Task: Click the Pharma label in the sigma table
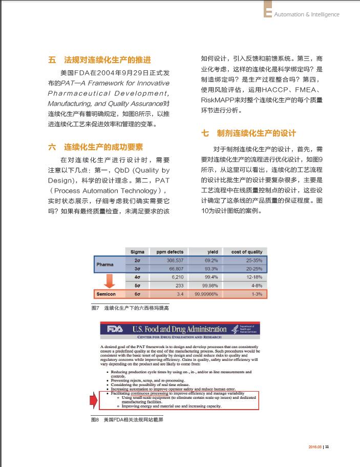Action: point(105,265)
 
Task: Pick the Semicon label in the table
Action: point(106,294)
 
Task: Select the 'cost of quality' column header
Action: point(246,252)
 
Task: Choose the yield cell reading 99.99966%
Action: point(206,294)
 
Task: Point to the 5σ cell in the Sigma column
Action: point(137,286)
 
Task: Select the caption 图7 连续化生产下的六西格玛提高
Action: point(130,308)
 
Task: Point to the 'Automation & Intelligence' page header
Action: point(306,14)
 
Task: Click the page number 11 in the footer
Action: point(327,446)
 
